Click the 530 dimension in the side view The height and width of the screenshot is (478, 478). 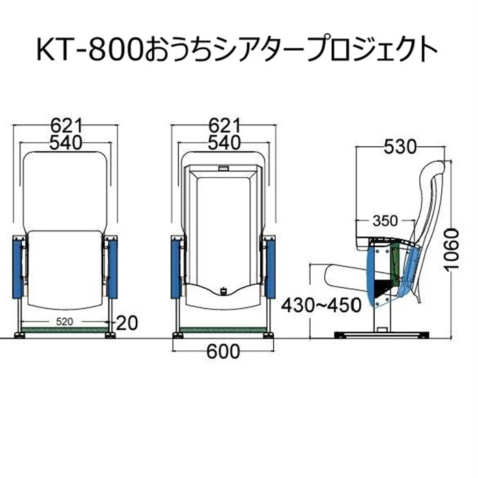point(399,147)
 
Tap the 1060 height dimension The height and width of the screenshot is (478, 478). point(451,249)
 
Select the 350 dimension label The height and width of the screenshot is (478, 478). point(385,221)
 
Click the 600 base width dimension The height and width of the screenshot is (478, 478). point(223,352)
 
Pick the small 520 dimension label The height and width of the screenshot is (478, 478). point(65,322)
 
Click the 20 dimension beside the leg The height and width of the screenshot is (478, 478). point(127,323)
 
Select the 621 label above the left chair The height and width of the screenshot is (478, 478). point(66,125)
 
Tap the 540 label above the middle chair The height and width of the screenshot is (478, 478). point(225,143)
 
